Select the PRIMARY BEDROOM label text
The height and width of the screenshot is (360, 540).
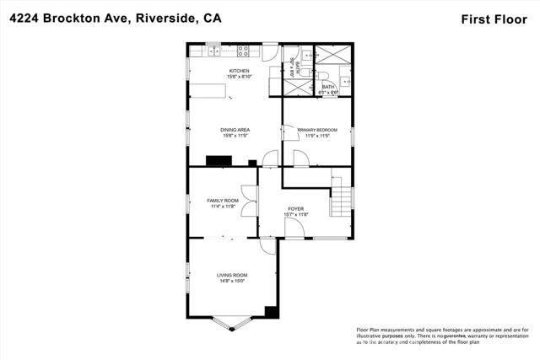click(318, 129)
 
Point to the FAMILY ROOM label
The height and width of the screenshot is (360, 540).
click(223, 200)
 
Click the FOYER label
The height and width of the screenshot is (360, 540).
click(295, 208)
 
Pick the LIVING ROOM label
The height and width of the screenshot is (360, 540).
click(231, 275)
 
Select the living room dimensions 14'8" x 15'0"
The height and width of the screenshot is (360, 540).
click(231, 282)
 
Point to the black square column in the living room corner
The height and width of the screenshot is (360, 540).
click(271, 312)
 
